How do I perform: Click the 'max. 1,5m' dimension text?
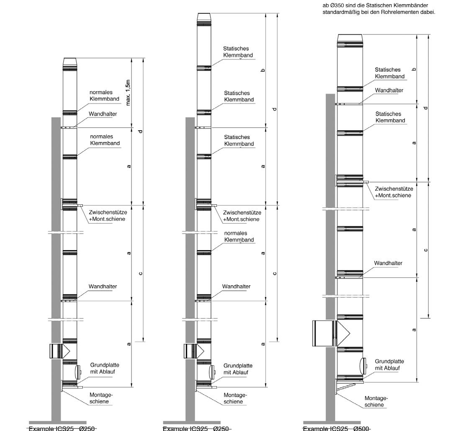point(128,93)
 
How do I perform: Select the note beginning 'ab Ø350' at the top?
point(379,9)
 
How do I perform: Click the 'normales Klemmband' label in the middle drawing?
point(239,237)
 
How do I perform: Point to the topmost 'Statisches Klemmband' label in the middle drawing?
point(238,52)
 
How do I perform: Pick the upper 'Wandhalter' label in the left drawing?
point(103,114)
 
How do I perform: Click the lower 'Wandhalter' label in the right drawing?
point(388,263)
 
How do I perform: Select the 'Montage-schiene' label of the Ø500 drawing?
point(376,401)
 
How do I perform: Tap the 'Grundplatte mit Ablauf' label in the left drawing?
point(103,368)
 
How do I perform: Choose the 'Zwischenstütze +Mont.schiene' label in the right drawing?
point(393,192)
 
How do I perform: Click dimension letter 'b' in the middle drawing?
point(263,70)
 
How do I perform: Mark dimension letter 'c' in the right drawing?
point(426,250)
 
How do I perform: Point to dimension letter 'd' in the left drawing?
point(141,132)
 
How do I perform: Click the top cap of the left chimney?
point(70,62)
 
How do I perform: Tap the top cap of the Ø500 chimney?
point(350,38)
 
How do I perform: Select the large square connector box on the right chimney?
point(324,333)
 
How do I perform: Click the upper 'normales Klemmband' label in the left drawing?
point(104,95)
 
